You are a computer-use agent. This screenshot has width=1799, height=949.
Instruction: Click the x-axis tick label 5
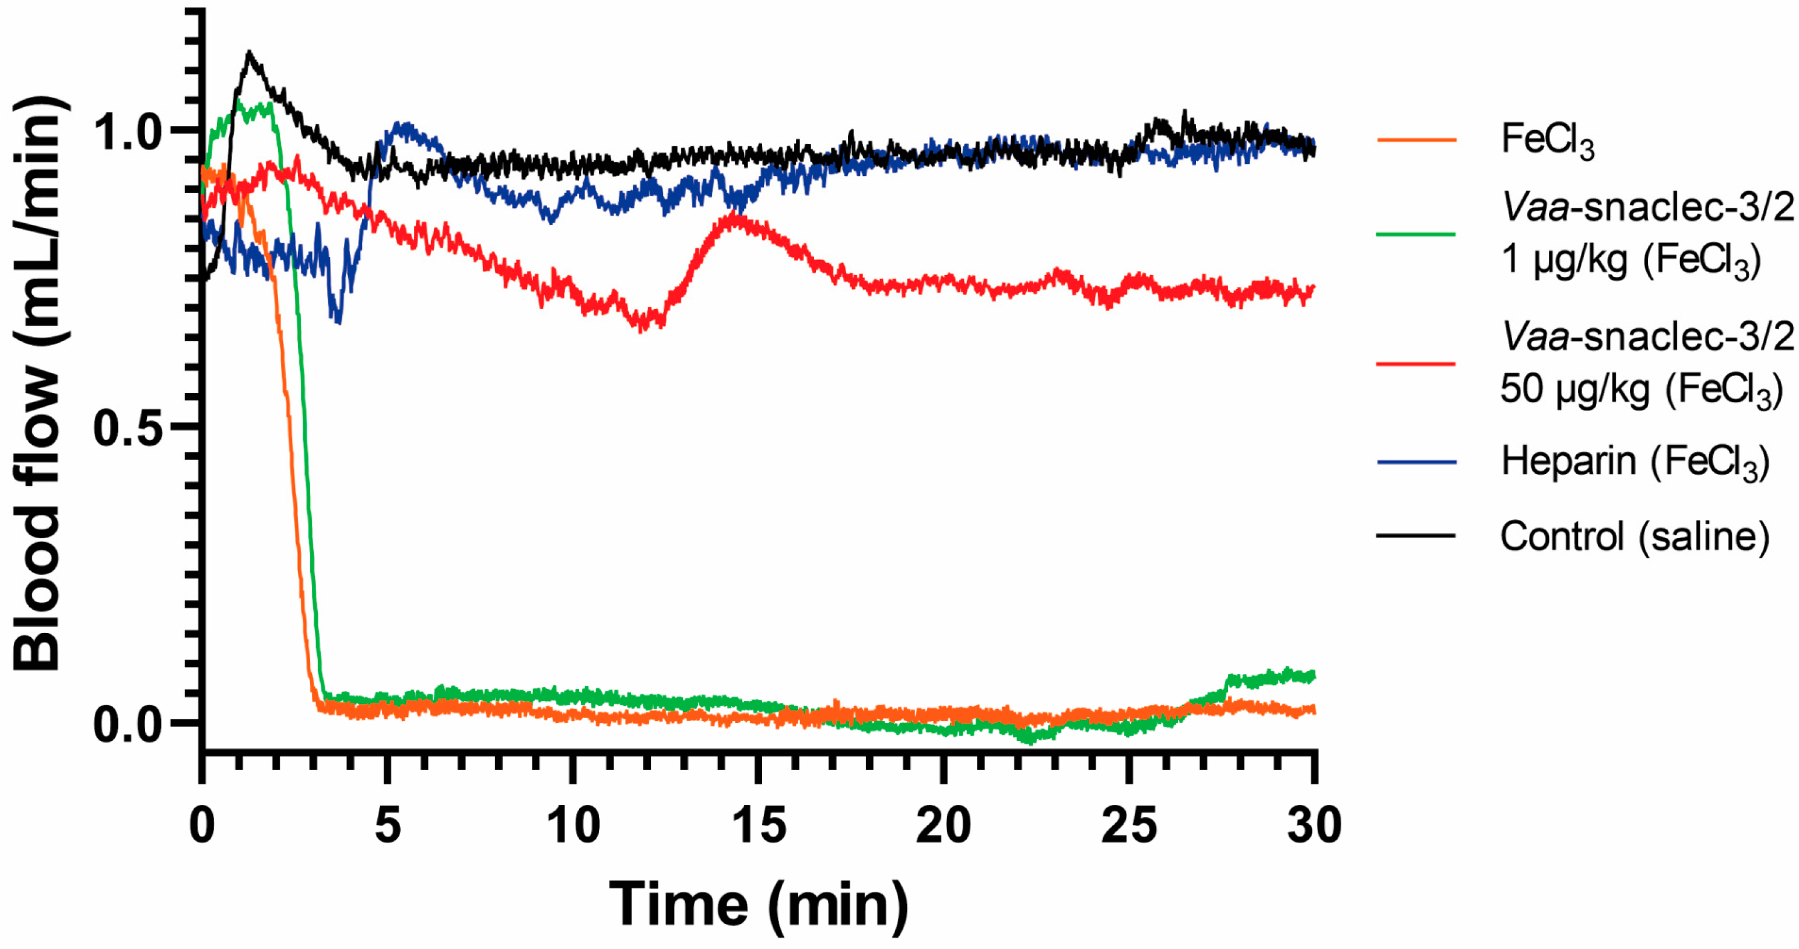[388, 825]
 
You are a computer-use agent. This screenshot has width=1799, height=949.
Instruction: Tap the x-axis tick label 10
[573, 825]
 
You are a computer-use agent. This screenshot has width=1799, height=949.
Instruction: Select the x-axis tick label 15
[759, 825]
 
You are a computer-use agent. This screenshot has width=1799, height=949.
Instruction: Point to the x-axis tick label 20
[944, 825]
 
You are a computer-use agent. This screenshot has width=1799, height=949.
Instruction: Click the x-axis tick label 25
[1128, 825]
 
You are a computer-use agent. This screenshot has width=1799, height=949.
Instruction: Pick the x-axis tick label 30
[1314, 825]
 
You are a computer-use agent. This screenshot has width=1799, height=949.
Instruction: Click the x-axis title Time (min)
[759, 904]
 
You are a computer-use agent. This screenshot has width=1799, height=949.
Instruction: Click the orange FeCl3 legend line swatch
[1416, 140]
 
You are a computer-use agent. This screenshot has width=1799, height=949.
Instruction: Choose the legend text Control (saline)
[1634, 536]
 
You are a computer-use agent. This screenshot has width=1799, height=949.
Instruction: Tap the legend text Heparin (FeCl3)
[1634, 462]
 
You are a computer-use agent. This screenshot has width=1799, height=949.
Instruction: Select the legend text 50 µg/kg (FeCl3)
[1641, 388]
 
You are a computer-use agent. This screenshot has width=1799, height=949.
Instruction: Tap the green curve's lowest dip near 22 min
[1029, 741]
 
